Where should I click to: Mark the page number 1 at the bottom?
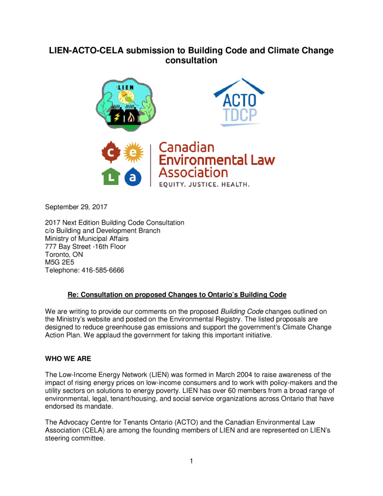(x=192, y=461)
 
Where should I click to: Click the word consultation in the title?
(x=191, y=62)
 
